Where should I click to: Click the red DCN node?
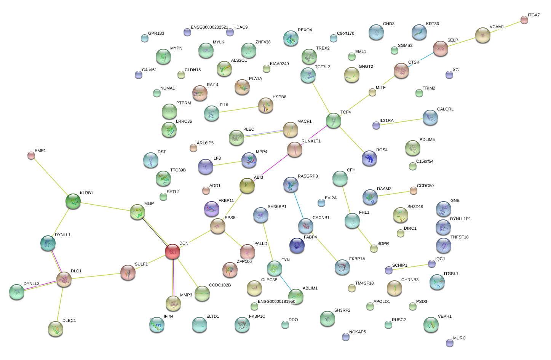pyautogui.click(x=172, y=251)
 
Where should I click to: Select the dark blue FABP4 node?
pyautogui.click(x=297, y=245)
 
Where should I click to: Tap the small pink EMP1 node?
pyautogui.click(x=31, y=155)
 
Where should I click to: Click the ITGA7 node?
pyautogui.click(x=524, y=20)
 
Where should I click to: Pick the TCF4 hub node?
pyautogui.click(x=333, y=120)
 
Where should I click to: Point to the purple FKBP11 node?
pyautogui.click(x=212, y=209)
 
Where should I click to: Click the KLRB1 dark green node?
pyautogui.click(x=73, y=201)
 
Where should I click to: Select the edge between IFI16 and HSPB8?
pyautogui.click(x=239, y=109)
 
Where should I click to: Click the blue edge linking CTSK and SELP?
pyautogui.click(x=421, y=59)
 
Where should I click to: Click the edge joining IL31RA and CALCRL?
pyautogui.click(x=401, y=122)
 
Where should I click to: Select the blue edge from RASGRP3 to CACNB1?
pyautogui.click(x=299, y=205)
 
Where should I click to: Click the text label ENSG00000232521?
pyautogui.click(x=209, y=27)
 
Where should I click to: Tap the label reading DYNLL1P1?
pyautogui.click(x=460, y=219)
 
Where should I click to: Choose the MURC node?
pyautogui.click(x=449, y=343)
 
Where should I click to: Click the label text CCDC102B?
pyautogui.click(x=220, y=285)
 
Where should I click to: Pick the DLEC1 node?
pyautogui.click(x=55, y=329)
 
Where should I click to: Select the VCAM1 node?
pyautogui.click(x=482, y=35)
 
